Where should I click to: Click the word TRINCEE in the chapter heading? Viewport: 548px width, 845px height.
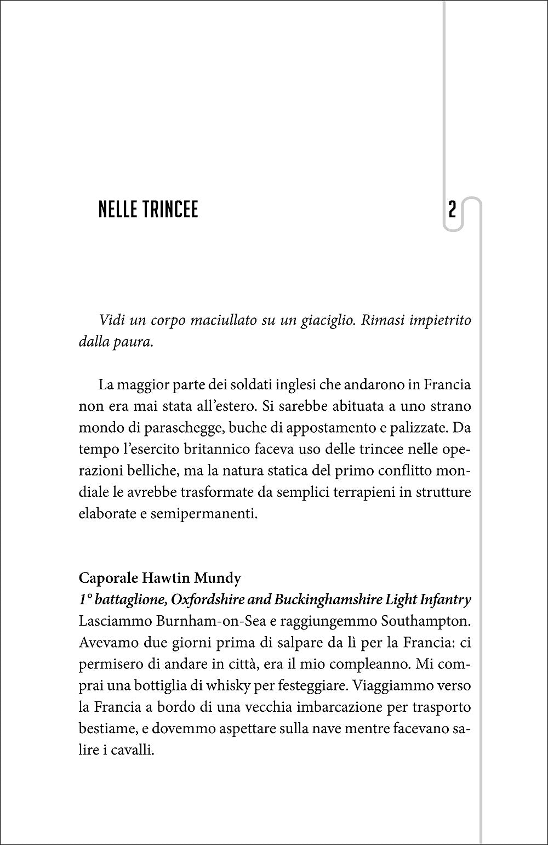(171, 211)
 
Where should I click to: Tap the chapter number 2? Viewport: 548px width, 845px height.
(452, 211)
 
